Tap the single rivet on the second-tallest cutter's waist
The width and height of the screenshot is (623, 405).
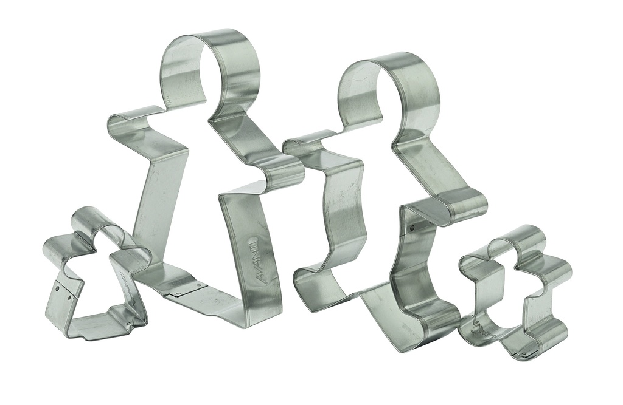(412, 228)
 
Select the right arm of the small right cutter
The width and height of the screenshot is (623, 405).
(557, 273)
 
